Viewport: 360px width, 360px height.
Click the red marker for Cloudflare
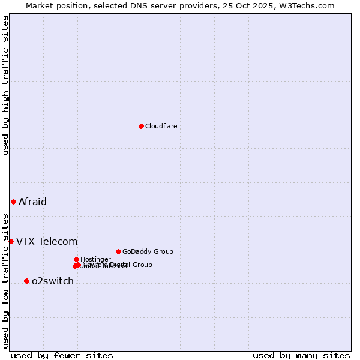141,126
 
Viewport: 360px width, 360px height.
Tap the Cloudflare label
161,127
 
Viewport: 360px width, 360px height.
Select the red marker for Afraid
13,202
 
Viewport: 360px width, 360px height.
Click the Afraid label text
32,202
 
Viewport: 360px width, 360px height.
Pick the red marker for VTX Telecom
11,241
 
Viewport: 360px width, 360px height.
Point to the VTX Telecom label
47,242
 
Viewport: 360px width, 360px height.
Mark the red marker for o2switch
26,281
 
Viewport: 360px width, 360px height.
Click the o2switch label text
53,281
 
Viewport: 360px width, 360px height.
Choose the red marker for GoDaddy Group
118,251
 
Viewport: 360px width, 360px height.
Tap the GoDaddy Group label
148,252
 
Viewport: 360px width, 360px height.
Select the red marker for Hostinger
76,259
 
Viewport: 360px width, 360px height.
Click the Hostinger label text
95,260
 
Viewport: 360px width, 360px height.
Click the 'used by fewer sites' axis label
62,356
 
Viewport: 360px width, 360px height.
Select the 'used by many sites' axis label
301,356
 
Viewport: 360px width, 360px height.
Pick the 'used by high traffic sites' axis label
5,85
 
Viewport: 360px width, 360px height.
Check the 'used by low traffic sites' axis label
5,281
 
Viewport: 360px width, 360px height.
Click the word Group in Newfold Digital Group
142,265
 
